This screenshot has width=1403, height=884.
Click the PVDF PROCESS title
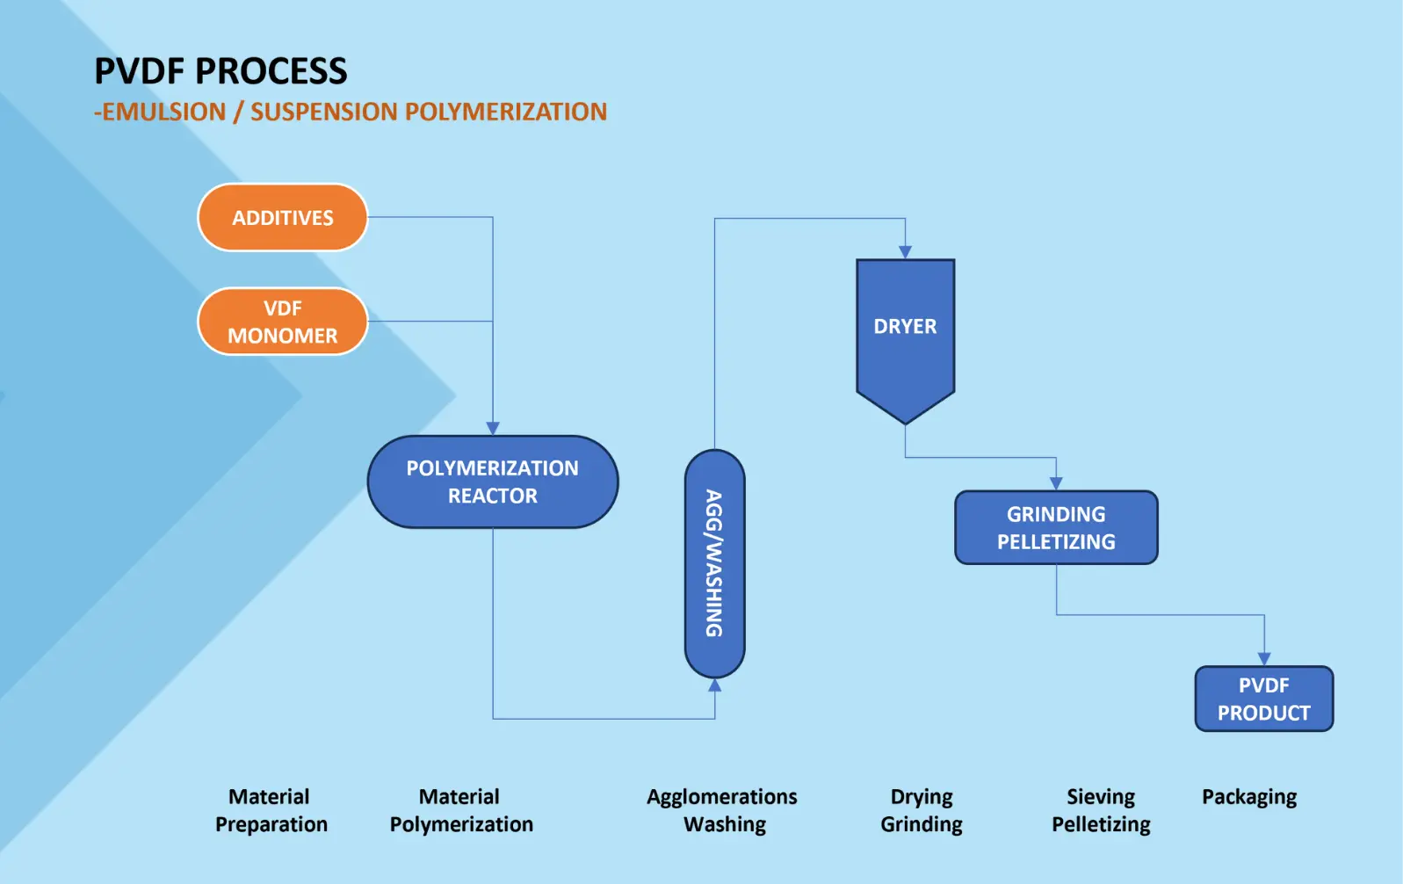221,71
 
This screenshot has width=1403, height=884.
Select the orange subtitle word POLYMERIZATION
506,112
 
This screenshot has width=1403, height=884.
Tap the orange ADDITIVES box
283,217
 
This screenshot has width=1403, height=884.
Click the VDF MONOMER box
283,322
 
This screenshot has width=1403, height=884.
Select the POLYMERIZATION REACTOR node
493,482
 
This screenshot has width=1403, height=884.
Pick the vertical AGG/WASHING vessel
714,564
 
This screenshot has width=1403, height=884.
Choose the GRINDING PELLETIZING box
1056,527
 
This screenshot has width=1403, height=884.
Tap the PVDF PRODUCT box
1264,699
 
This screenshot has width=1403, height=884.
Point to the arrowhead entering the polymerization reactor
493,429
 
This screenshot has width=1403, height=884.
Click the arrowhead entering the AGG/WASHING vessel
714,685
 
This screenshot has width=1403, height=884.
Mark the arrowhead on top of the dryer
905,252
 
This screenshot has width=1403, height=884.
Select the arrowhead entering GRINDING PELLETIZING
1056,483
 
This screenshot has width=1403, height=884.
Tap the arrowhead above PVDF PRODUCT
1264,659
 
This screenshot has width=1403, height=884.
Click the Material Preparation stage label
271,810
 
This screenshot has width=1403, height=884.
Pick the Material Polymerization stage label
461,810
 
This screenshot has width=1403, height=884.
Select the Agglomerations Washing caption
722,810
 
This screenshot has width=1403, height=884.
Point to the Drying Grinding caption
922,810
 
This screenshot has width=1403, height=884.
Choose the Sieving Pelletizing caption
1101,810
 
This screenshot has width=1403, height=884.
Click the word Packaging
1249,798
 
